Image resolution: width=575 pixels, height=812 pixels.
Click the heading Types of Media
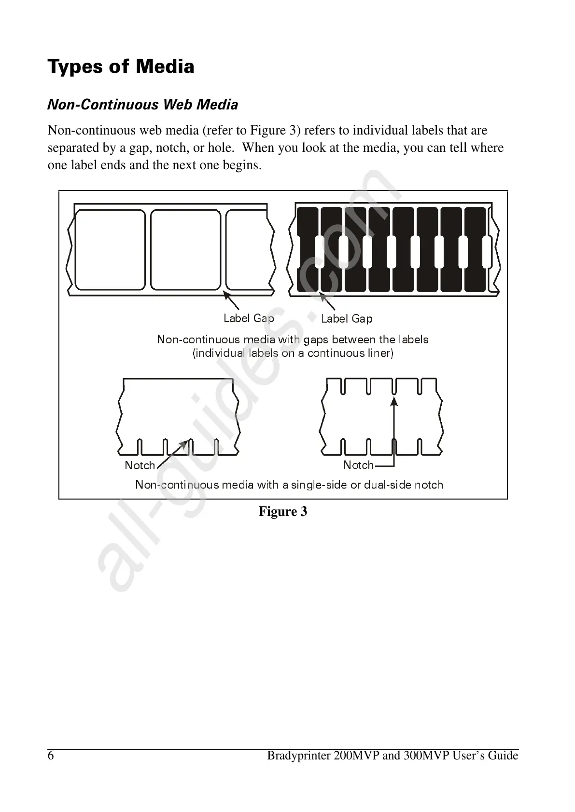point(121,67)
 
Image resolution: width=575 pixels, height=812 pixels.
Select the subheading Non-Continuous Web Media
point(142,105)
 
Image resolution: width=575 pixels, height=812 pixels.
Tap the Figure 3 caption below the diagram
point(282,512)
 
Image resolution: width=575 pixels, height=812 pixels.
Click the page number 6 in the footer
point(51,756)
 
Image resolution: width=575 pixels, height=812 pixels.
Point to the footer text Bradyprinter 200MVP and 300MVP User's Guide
point(393,756)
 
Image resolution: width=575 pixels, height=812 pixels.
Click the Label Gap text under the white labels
point(249,318)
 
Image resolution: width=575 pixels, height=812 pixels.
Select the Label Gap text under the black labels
point(347,319)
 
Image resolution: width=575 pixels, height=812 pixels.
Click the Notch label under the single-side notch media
point(140,465)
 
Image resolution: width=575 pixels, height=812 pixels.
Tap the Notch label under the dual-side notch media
point(358,465)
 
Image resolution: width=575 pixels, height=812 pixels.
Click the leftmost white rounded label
point(111,250)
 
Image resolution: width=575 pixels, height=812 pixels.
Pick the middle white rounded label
point(186,250)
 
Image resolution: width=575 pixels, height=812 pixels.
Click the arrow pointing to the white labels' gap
point(232,301)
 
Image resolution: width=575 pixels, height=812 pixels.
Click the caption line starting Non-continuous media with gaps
point(293,339)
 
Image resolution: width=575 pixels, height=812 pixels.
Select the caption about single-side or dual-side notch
point(289,485)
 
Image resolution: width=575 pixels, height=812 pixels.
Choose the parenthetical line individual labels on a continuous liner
point(293,353)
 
